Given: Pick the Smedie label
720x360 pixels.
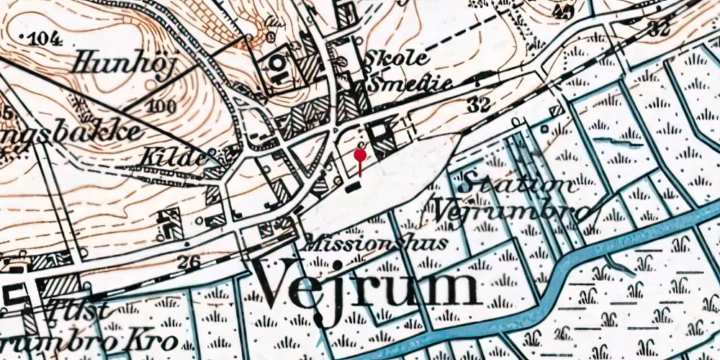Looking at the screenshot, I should pyautogui.click(x=409, y=84).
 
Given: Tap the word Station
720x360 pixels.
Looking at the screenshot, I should pyautogui.click(x=520, y=184).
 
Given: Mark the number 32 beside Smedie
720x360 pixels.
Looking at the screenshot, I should pyautogui.click(x=478, y=105).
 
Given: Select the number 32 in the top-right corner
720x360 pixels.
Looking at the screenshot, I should pyautogui.click(x=658, y=29).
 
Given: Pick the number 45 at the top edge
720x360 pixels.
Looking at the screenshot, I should pyautogui.click(x=564, y=11).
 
